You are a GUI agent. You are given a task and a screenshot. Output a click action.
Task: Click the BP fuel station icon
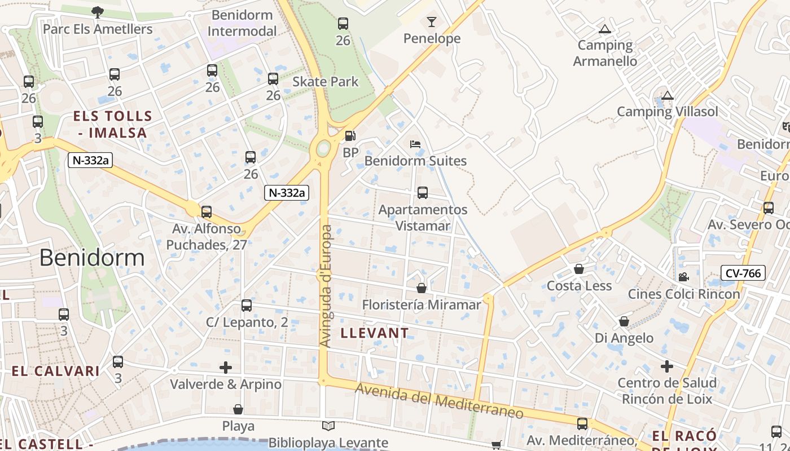tap(350, 136)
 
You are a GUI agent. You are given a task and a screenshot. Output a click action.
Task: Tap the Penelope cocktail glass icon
tap(432, 22)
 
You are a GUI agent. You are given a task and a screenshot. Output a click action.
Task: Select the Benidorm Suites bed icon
tap(415, 144)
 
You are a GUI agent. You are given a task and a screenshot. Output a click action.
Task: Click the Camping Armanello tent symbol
tap(605, 29)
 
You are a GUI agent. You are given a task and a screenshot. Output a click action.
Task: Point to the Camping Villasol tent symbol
tap(668, 95)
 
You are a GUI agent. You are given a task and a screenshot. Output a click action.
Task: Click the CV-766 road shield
tap(743, 273)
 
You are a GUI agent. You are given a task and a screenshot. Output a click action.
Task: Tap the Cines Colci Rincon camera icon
tap(683, 277)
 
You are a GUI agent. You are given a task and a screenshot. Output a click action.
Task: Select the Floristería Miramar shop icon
tap(421, 288)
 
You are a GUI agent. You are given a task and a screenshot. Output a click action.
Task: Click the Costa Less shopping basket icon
tap(578, 269)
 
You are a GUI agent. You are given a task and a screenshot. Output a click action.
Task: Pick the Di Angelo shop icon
tap(624, 321)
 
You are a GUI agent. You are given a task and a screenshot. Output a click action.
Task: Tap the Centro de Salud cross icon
tap(667, 366)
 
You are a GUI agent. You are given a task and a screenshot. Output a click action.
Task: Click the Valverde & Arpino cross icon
tap(226, 368)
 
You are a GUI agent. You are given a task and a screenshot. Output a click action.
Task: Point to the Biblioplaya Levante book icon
tap(328, 426)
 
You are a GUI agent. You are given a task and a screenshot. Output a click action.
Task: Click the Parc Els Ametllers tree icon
tap(98, 12)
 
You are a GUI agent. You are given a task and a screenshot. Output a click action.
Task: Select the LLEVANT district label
tap(375, 333)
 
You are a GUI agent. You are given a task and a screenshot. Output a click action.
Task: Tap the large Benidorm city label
tap(92, 258)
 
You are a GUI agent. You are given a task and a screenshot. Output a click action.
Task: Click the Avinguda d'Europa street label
tap(326, 286)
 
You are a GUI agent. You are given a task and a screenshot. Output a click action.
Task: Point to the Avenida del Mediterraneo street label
tap(440, 401)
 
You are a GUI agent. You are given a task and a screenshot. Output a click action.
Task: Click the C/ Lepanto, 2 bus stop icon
tap(247, 306)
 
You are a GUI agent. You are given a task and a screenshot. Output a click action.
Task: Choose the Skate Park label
tap(325, 81)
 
